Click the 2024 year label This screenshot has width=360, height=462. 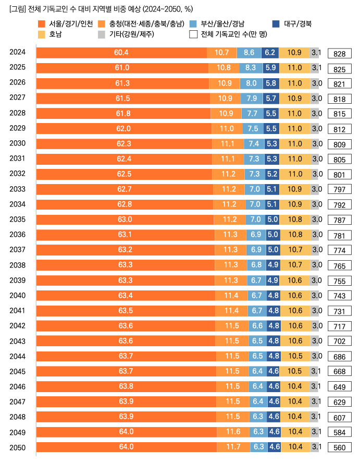click(18, 52)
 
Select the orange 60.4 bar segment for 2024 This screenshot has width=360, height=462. click(121, 52)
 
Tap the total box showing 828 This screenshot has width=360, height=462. click(340, 53)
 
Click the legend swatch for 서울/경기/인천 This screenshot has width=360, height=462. click(42, 24)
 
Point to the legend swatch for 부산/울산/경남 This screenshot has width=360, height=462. click(194, 24)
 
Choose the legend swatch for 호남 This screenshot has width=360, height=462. click(42, 34)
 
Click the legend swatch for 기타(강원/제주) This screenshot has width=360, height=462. click(102, 34)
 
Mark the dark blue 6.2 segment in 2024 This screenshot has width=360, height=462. click(270, 52)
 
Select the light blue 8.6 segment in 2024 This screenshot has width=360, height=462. click(249, 52)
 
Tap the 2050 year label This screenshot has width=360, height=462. click(18, 446)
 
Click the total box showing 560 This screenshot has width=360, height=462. click(340, 447)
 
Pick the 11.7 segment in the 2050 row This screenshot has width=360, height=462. click(233, 446)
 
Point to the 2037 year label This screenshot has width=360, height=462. click(18, 249)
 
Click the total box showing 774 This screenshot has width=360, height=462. click(340, 250)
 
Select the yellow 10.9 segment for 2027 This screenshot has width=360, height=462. click(294, 98)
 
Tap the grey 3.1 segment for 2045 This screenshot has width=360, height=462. click(316, 371)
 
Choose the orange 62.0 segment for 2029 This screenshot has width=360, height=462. click(123, 128)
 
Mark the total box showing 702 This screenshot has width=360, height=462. click(340, 342)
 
